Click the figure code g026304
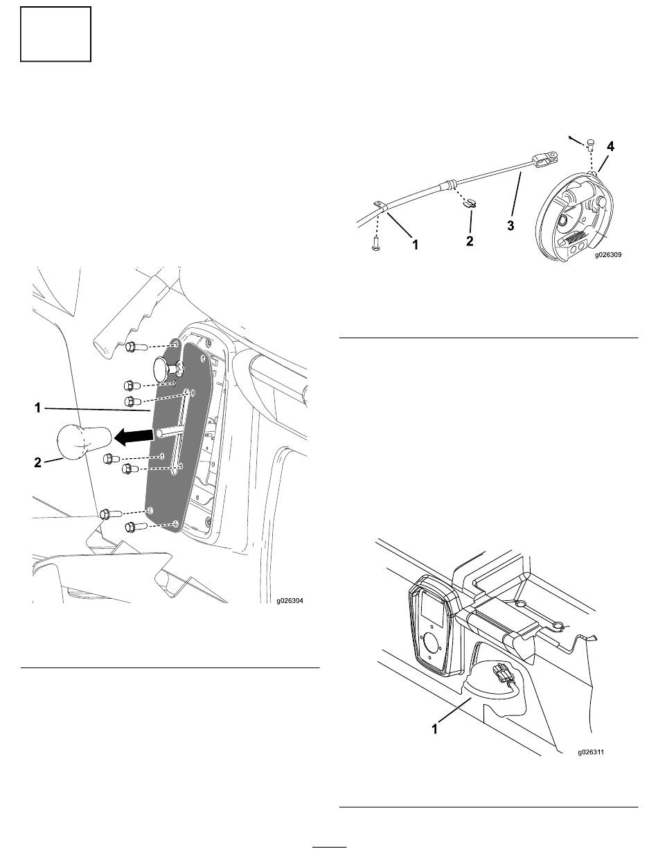[x=290, y=601]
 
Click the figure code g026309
[x=608, y=254]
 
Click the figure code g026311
[x=591, y=752]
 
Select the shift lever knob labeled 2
[x=82, y=442]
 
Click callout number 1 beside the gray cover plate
[x=37, y=408]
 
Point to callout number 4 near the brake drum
[x=610, y=147]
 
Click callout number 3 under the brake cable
[x=510, y=225]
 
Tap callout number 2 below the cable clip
[x=470, y=241]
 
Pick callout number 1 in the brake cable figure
[x=415, y=245]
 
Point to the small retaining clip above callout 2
[x=469, y=203]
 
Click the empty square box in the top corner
[x=55, y=34]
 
